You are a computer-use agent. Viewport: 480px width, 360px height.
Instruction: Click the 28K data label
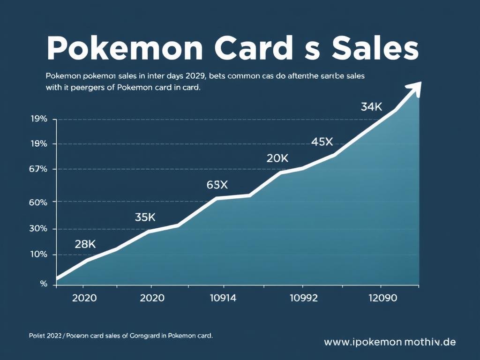click(85, 244)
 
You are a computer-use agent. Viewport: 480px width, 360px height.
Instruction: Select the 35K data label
click(145, 217)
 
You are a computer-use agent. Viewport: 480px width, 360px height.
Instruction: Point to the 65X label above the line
click(217, 185)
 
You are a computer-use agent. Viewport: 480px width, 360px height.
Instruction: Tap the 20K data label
click(277, 158)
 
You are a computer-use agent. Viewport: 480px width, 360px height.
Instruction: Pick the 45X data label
click(322, 142)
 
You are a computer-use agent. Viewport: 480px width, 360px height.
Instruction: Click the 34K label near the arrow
click(371, 106)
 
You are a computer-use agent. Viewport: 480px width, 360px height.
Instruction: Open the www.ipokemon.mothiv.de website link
click(390, 342)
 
